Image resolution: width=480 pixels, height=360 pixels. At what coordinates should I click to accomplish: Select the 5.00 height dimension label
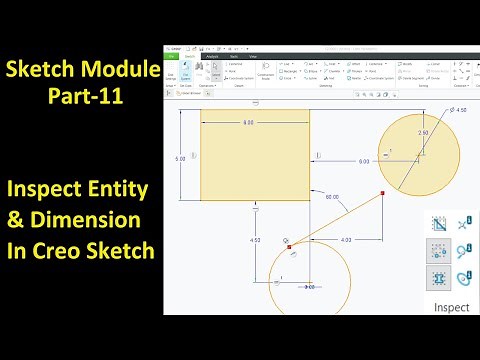click(x=178, y=159)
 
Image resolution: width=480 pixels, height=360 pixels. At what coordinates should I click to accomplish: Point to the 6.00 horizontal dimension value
click(x=363, y=160)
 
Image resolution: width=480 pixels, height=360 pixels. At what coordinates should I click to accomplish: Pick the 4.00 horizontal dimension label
click(x=345, y=240)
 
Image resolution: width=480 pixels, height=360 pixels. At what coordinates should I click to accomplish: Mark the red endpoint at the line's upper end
click(x=384, y=192)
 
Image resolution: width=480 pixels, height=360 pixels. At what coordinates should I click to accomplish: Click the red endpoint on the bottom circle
click(x=290, y=245)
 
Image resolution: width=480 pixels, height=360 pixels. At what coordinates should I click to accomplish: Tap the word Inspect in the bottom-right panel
click(x=451, y=307)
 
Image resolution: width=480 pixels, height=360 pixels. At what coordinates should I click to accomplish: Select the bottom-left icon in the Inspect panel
click(x=438, y=277)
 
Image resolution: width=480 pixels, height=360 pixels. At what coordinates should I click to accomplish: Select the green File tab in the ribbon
click(x=173, y=58)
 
